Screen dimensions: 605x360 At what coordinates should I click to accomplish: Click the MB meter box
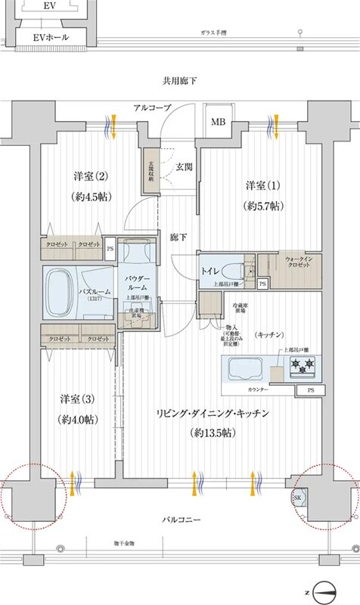(218, 122)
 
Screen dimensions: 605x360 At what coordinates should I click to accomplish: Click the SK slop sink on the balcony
(297, 498)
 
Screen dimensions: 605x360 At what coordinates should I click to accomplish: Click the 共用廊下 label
(180, 80)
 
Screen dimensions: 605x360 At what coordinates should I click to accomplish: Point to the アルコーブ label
(152, 107)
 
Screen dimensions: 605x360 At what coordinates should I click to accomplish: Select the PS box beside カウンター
(312, 389)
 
